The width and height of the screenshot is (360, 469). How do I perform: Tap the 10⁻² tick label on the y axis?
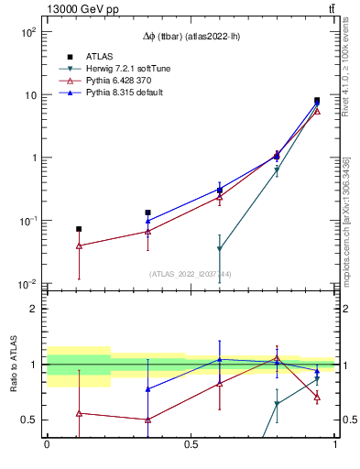pos(27,284)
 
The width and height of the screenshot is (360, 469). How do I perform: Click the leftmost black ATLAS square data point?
pos(79,229)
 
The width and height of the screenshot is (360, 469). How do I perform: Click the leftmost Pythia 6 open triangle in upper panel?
pos(79,245)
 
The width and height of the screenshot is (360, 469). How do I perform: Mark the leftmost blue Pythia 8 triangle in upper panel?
pos(147,221)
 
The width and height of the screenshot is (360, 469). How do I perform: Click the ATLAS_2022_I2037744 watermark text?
pos(191,274)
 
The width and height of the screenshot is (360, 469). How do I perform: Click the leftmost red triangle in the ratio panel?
pos(79,413)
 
